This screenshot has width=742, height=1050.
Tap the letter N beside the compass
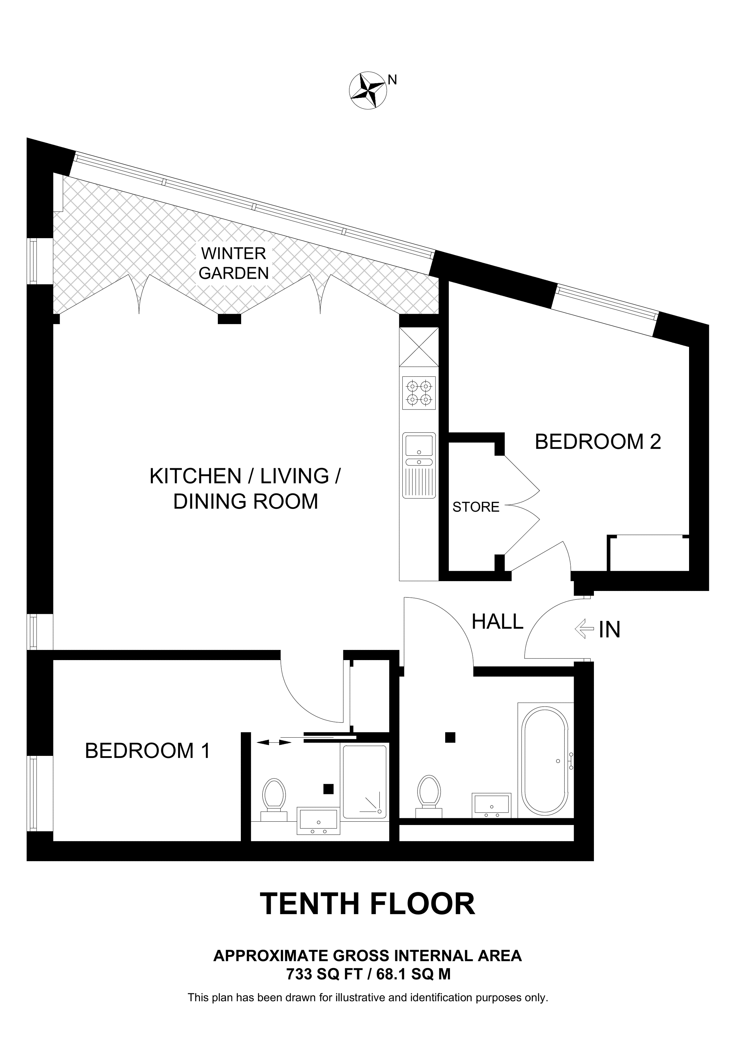point(392,80)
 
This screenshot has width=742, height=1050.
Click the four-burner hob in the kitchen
point(419,393)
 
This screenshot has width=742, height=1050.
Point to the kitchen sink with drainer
point(419,465)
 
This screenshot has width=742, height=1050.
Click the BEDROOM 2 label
point(598,442)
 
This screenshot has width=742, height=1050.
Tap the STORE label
point(476,507)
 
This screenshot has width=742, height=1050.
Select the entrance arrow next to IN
point(582,629)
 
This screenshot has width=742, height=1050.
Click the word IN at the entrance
point(609,630)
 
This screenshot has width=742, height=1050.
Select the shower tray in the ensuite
point(364,782)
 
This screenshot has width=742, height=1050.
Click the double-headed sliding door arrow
point(274,743)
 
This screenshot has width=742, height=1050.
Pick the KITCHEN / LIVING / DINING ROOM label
point(245,489)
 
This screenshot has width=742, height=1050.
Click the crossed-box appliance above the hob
point(419,347)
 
